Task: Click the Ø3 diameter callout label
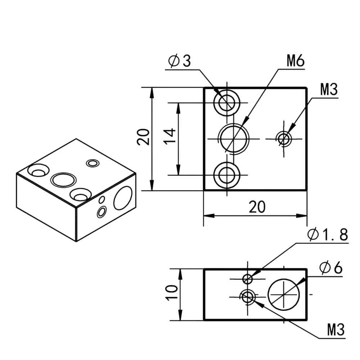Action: point(180,61)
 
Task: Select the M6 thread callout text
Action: point(296,62)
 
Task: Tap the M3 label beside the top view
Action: point(329,90)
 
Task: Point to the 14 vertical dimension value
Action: point(171,136)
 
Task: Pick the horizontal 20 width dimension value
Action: point(257,207)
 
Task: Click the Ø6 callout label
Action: point(330,268)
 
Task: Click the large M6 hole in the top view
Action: point(233,138)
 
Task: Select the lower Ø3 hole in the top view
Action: point(227,175)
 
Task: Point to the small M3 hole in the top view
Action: point(284,138)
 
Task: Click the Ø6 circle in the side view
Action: point(284,294)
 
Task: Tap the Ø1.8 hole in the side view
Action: point(247,278)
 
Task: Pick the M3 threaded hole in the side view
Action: point(247,297)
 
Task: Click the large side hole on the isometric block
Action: point(123,198)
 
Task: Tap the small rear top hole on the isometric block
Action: point(93,163)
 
